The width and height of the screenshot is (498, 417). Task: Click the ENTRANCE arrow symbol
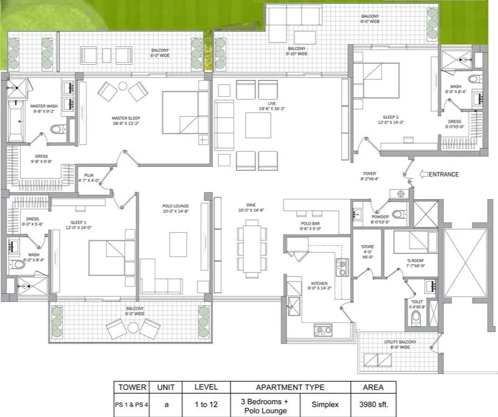click(x=424, y=174)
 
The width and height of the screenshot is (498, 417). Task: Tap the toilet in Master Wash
click(x=58, y=129)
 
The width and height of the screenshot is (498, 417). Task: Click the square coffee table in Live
click(x=258, y=125)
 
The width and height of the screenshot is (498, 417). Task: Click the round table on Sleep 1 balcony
click(x=133, y=327)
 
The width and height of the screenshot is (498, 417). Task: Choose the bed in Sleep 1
click(x=111, y=258)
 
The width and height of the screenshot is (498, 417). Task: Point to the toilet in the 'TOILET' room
click(x=415, y=319)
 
